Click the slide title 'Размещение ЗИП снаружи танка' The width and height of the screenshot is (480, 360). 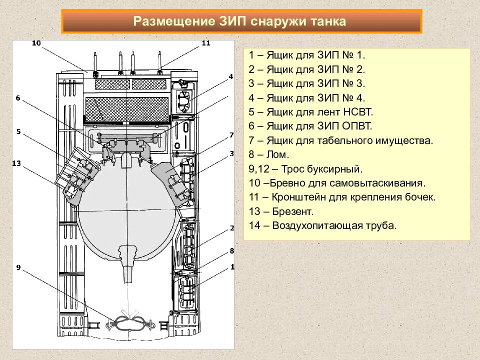tap(239, 21)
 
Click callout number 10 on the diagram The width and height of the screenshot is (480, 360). tap(36, 43)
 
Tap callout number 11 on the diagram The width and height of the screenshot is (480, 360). tap(206, 43)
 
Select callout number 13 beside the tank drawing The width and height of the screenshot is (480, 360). tap(16, 163)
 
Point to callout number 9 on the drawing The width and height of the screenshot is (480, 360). tap(18, 267)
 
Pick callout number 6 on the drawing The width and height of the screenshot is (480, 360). tap(18, 98)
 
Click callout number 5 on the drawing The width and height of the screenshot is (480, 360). tap(18, 131)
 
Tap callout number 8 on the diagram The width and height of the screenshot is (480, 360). tap(231, 250)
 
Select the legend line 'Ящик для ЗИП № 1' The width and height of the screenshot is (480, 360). tap(306, 55)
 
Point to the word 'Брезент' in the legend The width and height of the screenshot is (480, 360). tap(292, 211)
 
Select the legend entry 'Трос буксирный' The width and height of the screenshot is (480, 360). tap(321, 169)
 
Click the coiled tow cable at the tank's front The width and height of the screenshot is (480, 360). tap(130, 323)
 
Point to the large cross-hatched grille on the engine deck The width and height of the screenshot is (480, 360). tap(127, 109)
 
